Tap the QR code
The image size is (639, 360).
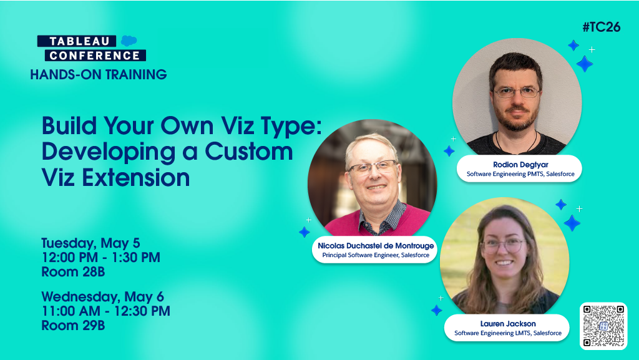603,325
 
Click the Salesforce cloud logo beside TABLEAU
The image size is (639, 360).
129,41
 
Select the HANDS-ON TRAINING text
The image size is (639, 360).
99,75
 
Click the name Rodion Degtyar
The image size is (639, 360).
519,165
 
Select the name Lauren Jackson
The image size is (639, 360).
507,324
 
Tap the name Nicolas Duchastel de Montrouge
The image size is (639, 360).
376,246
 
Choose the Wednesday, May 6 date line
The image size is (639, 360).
102,296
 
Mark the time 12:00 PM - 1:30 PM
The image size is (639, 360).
100,257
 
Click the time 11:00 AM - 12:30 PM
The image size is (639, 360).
105,311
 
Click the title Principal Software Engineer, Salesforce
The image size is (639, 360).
376,255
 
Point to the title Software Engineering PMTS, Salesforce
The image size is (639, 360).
519,175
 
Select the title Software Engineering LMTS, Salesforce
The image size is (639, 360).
507,333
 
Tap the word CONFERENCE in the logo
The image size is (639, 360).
92,55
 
